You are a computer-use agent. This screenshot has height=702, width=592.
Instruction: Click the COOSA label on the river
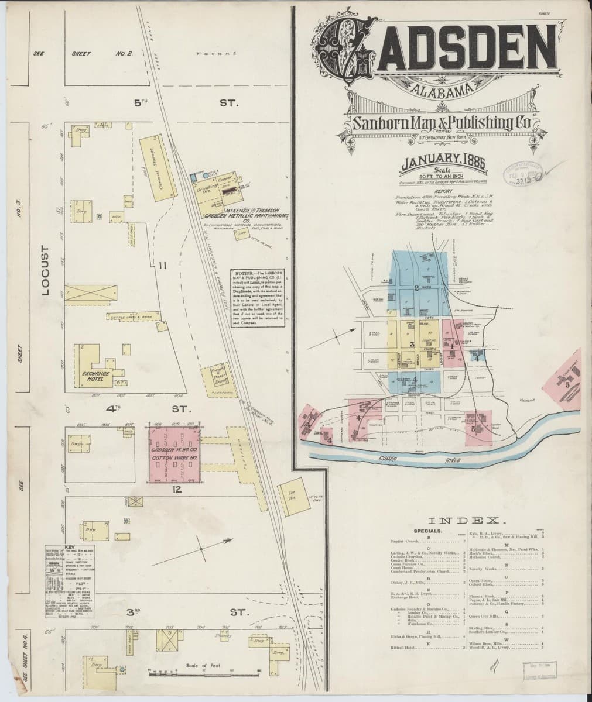click(x=372, y=459)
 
